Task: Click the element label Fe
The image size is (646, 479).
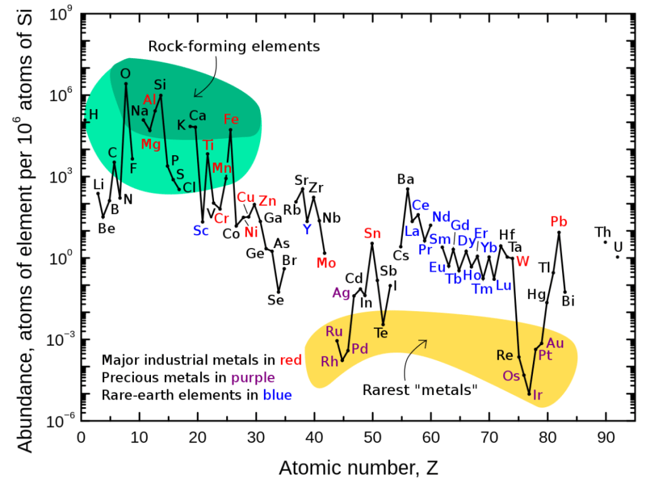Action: coord(231,119)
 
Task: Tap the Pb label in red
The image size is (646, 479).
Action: coord(559,222)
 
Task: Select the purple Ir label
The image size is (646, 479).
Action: coord(538,396)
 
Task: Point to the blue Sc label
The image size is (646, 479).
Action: coord(201,230)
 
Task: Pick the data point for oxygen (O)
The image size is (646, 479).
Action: coord(126,83)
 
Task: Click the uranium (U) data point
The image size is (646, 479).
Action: coord(618,257)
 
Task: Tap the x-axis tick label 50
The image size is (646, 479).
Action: coord(373,437)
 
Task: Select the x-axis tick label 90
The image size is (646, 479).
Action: coord(606,437)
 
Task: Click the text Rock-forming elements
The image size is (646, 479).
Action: coord(234,47)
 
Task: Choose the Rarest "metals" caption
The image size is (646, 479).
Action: coord(420,389)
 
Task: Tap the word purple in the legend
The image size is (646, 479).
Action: coord(253,378)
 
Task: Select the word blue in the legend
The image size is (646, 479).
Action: coord(278,396)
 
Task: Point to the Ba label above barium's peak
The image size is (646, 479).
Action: coord(405,179)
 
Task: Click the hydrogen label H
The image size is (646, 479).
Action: coord(93,115)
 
